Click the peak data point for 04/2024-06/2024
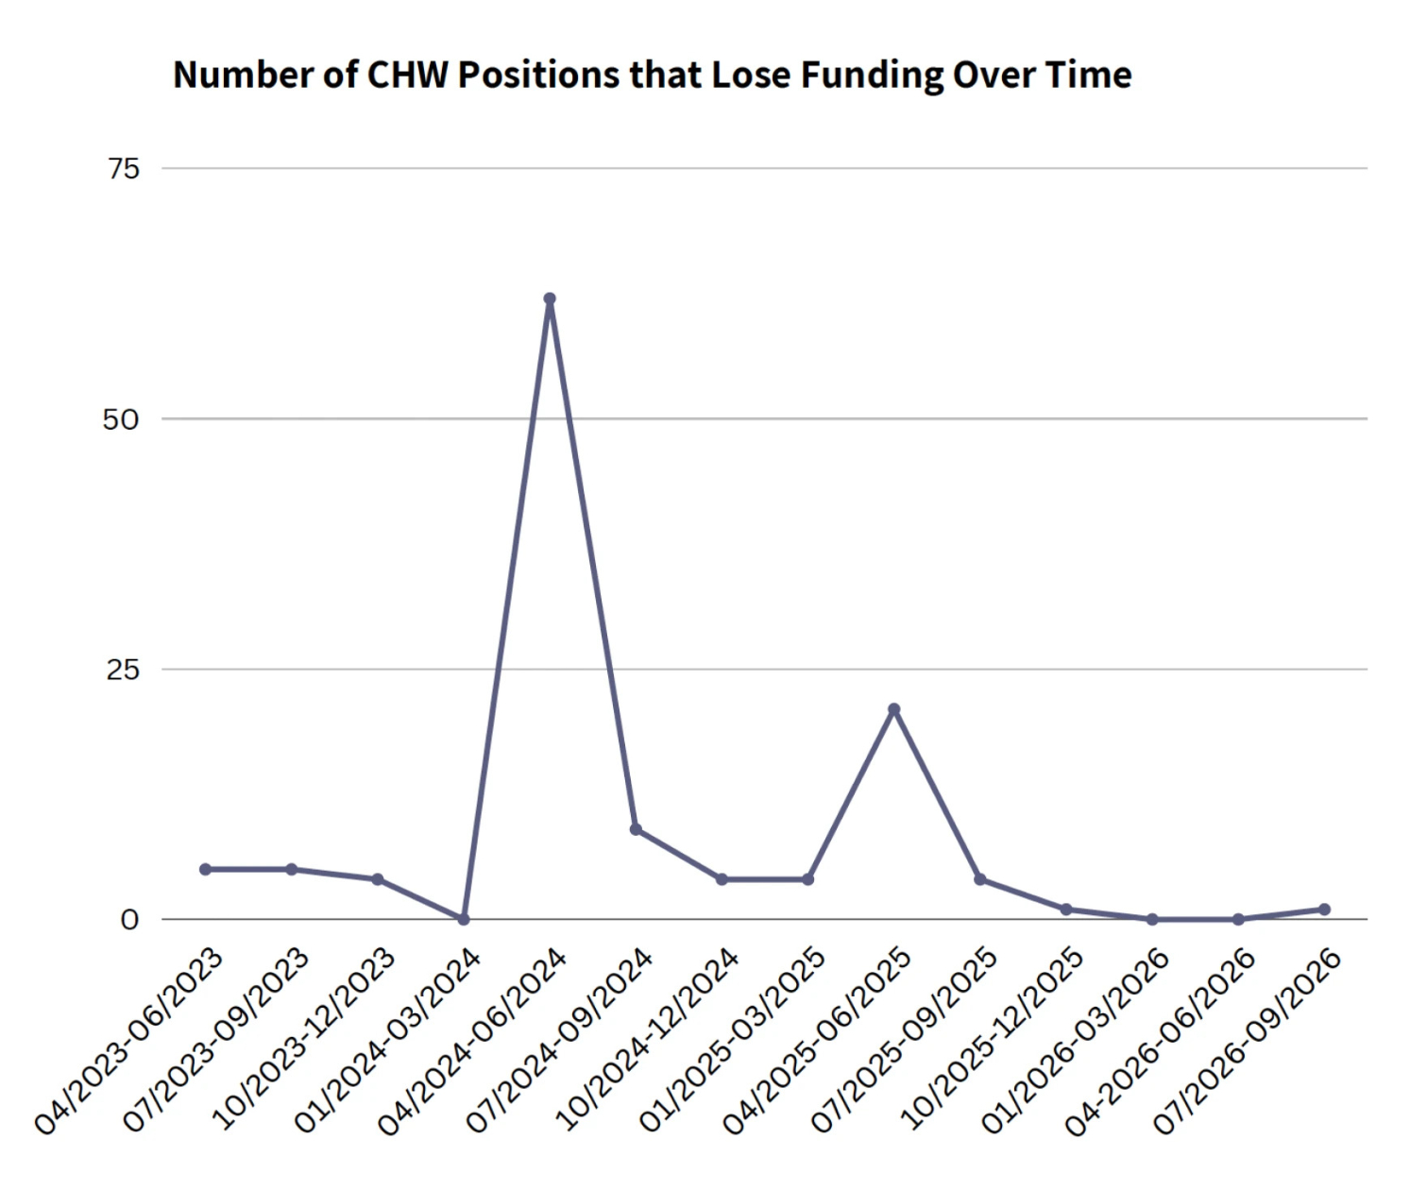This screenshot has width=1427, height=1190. pyautogui.click(x=550, y=298)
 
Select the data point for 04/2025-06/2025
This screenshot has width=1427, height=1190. pyautogui.click(x=894, y=709)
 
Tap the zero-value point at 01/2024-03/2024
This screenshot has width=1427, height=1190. pyautogui.click(x=464, y=919)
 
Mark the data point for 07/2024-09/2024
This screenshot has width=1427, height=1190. pyautogui.click(x=636, y=829)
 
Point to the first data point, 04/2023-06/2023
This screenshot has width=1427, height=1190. pyautogui.click(x=205, y=869)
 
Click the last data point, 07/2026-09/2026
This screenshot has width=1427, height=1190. pyautogui.click(x=1324, y=909)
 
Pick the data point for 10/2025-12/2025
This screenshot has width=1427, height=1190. pyautogui.click(x=1066, y=909)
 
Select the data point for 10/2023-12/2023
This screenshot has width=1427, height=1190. pyautogui.click(x=378, y=879)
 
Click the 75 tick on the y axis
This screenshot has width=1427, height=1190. pyautogui.click(x=123, y=169)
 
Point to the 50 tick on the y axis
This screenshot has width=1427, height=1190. pyautogui.click(x=121, y=419)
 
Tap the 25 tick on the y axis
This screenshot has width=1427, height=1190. pyautogui.click(x=123, y=670)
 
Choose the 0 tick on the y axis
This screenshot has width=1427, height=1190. pyautogui.click(x=129, y=920)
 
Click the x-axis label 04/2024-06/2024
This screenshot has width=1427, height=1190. pyautogui.click(x=473, y=1040)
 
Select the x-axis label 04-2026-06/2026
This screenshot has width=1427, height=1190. pyautogui.click(x=1161, y=1040)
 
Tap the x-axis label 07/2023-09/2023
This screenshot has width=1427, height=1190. pyautogui.click(x=216, y=1040)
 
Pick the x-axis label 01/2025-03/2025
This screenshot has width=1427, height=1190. pyautogui.click(x=732, y=1040)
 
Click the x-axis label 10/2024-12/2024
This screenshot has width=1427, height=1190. pyautogui.click(x=646, y=1040)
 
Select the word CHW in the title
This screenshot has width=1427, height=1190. pyautogui.click(x=406, y=75)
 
